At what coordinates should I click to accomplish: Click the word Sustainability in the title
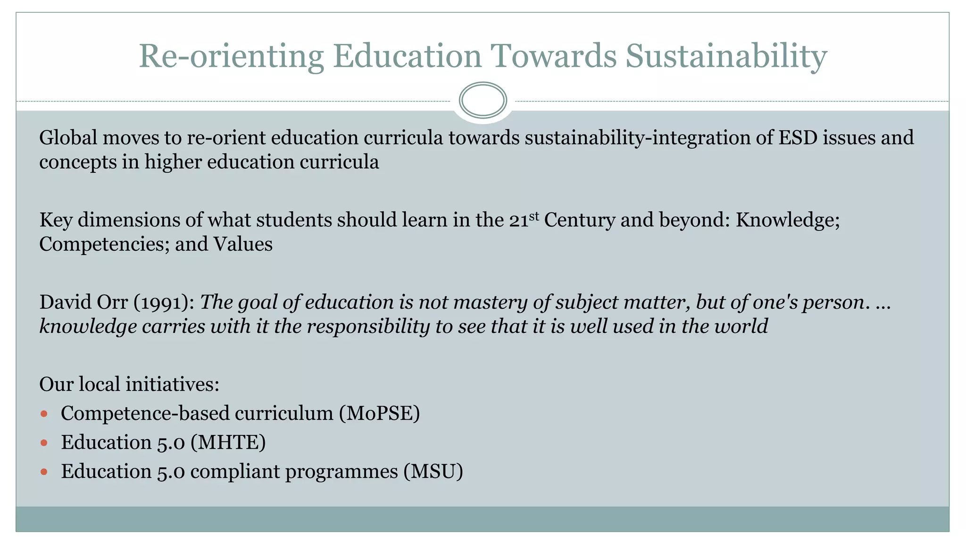(726, 57)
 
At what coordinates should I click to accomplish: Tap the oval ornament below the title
(483, 100)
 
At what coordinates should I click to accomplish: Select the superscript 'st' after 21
(533, 216)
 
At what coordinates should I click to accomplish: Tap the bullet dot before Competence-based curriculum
(44, 414)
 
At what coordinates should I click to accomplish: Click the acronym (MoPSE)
(379, 414)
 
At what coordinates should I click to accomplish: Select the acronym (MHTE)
(228, 442)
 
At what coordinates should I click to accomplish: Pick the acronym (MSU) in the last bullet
(433, 472)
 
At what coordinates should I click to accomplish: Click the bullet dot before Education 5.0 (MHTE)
(44, 443)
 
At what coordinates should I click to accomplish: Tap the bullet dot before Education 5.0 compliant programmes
(44, 472)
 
